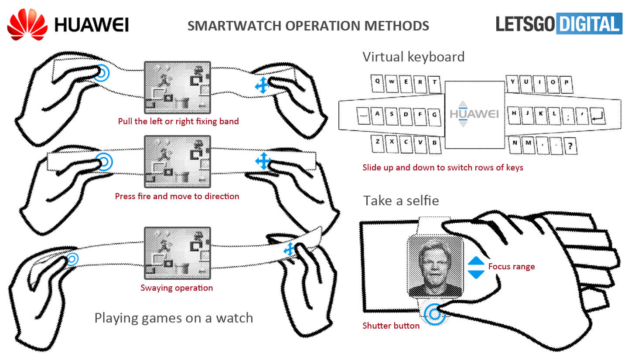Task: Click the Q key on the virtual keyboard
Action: click(378, 82)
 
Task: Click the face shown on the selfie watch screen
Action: click(434, 265)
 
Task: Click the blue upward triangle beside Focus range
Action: click(476, 261)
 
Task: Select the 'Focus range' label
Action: click(511, 266)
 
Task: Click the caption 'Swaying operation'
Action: click(177, 288)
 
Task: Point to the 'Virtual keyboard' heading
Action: click(413, 57)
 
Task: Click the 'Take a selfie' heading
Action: click(401, 200)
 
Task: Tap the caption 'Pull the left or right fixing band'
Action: click(178, 121)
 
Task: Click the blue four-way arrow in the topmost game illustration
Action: click(262, 85)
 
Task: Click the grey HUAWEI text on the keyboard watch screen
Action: click(474, 114)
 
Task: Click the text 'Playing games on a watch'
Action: click(174, 318)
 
